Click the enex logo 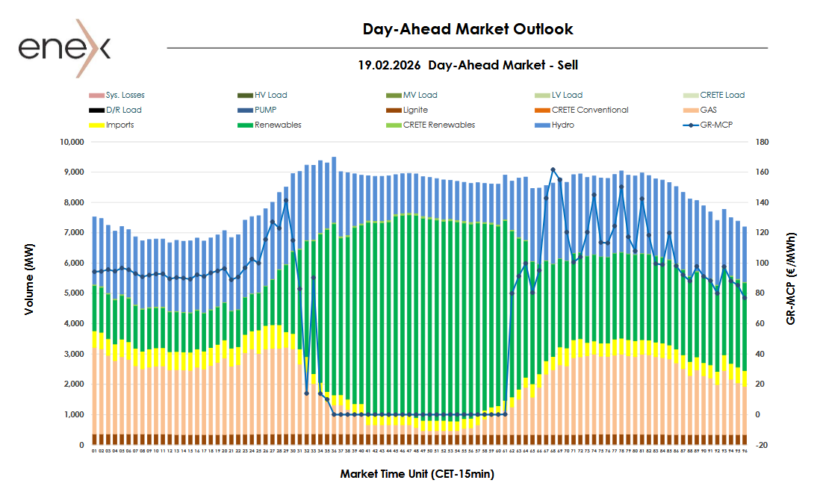click(65, 48)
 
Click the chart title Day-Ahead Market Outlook click(467, 29)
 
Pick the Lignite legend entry click(416, 110)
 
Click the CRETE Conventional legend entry click(589, 110)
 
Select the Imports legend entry click(119, 125)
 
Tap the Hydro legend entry click(564, 125)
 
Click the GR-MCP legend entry click(717, 125)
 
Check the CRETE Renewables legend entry click(438, 125)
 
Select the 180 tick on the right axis click(762, 142)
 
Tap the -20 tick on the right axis click(762, 445)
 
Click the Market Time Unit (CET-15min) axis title click(417, 473)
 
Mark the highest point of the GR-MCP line click(553, 170)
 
